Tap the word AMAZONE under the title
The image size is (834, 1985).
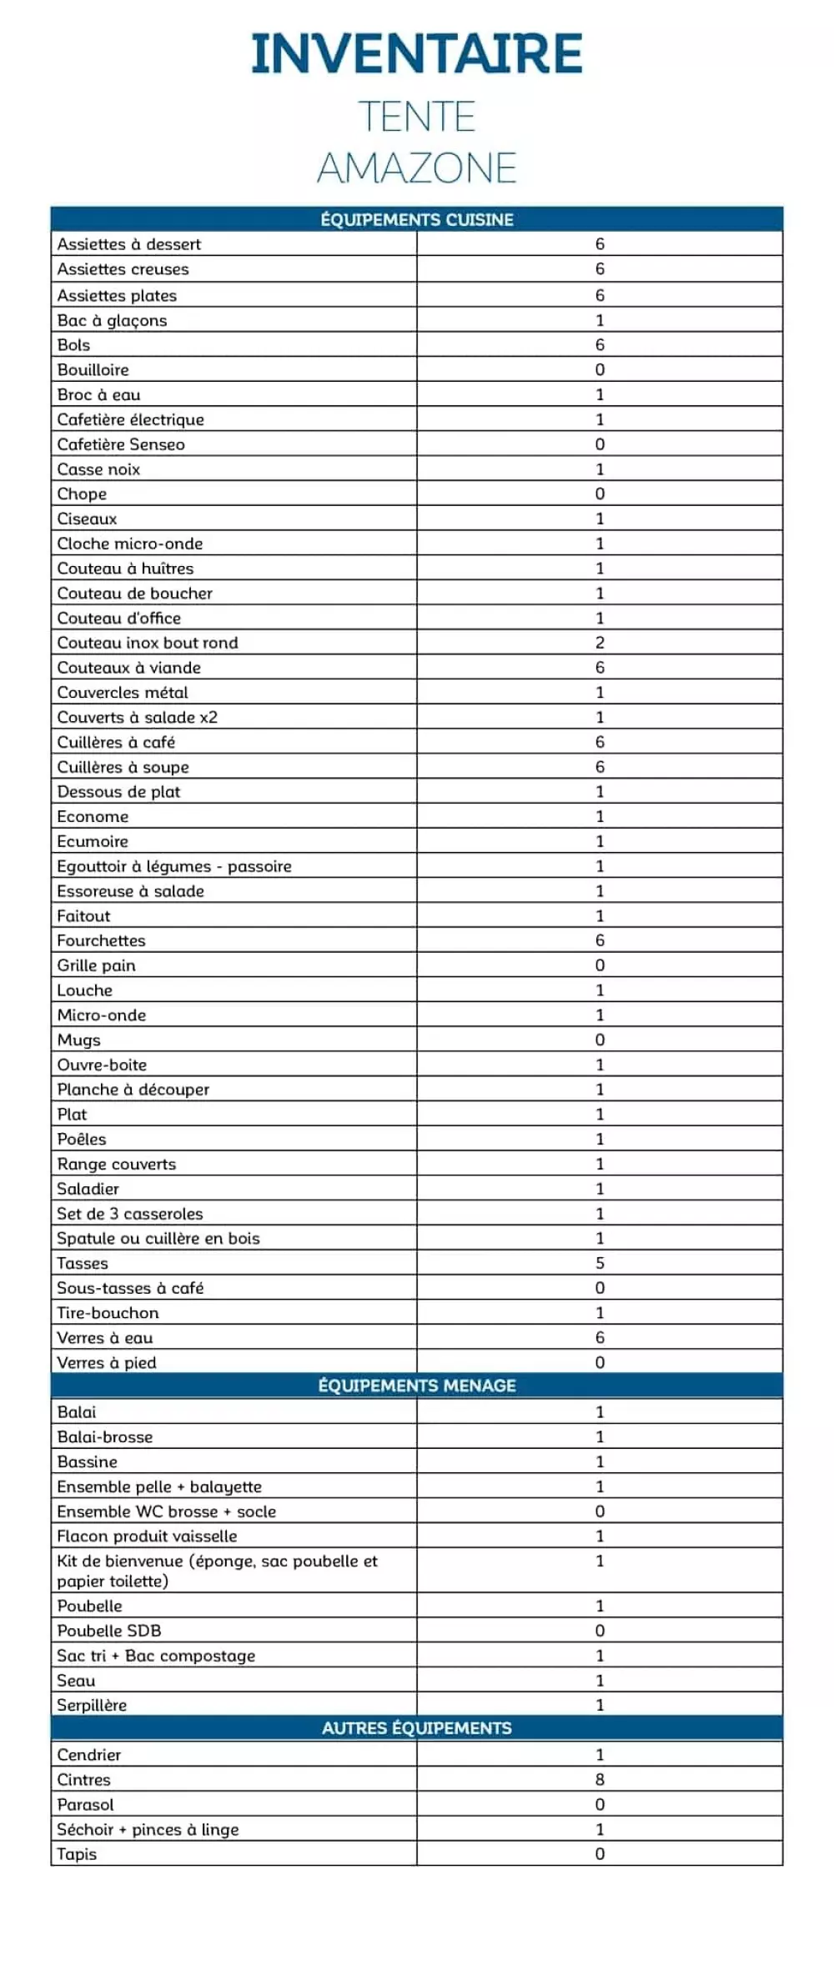(x=416, y=168)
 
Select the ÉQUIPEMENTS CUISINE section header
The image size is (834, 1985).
(x=416, y=219)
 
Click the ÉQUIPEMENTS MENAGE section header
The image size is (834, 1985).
(x=416, y=1386)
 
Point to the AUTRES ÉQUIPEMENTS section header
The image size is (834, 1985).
(x=416, y=1728)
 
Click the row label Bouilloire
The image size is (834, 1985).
(x=93, y=369)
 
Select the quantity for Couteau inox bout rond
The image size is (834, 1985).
(x=600, y=643)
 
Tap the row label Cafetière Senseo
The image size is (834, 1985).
(x=121, y=444)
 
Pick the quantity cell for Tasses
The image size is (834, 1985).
(x=600, y=1263)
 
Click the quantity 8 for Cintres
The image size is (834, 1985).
(x=600, y=1780)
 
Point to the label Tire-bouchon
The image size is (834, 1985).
(x=108, y=1313)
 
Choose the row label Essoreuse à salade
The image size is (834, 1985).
(x=130, y=891)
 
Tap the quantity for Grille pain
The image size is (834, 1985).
(x=600, y=965)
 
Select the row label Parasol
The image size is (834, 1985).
(x=85, y=1805)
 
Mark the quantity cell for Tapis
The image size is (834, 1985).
(x=600, y=1854)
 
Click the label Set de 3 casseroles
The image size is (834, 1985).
(x=129, y=1214)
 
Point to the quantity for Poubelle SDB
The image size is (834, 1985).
(x=600, y=1631)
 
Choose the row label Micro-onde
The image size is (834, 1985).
(x=101, y=1015)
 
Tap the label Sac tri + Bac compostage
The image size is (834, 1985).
(x=156, y=1656)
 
